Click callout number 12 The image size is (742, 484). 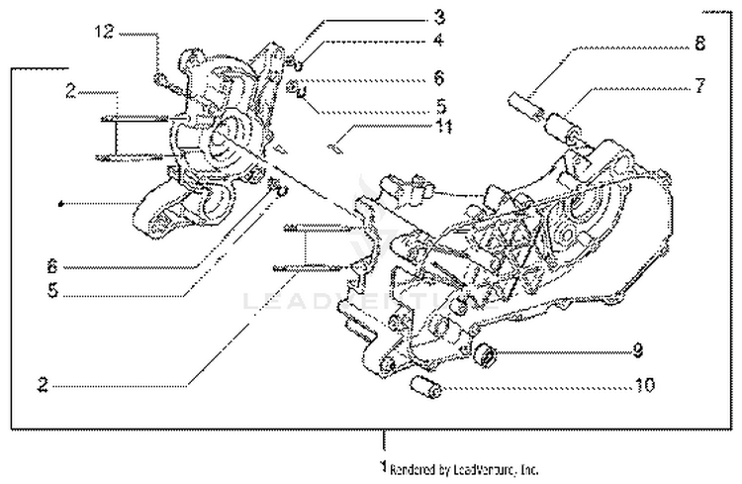106,33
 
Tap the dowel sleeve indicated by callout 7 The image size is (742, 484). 561,128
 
